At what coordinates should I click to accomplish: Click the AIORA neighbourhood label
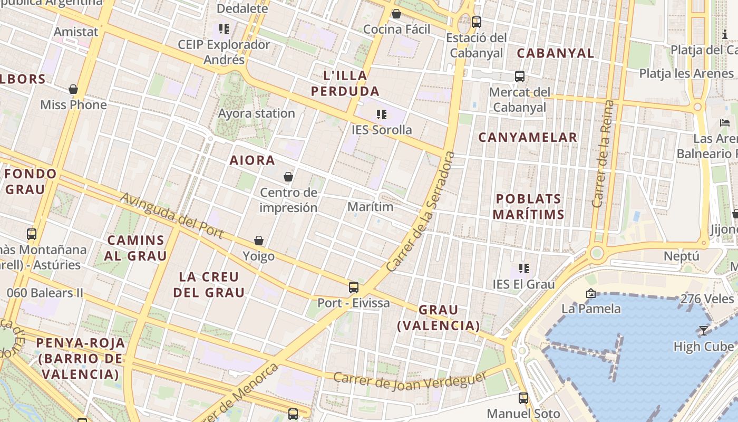[252, 160]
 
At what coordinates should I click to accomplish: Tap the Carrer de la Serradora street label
[420, 212]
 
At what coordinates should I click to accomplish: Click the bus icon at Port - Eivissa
[354, 287]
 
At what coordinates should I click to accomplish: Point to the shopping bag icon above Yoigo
[259, 241]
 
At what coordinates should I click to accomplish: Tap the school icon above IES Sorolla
[382, 114]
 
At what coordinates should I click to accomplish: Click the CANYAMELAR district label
[528, 138]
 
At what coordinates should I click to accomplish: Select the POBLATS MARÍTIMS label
[529, 207]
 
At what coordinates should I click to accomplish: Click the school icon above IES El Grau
[523, 268]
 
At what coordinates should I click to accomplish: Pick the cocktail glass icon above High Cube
[703, 331]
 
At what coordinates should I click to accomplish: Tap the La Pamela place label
[591, 308]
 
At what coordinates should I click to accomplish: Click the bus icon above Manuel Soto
[523, 398]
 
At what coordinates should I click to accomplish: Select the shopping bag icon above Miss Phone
[73, 89]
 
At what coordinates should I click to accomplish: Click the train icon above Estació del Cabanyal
[477, 22]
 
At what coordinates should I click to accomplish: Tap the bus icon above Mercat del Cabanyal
[520, 76]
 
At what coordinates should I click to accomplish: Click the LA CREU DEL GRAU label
[209, 284]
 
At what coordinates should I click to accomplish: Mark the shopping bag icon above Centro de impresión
[288, 177]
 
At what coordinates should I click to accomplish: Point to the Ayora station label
[257, 113]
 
